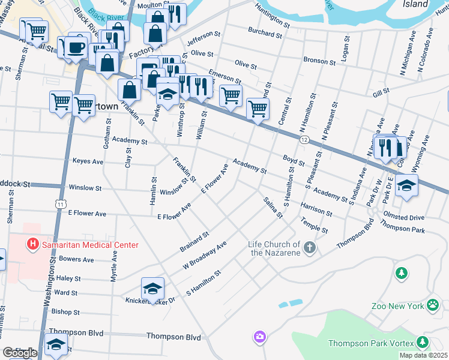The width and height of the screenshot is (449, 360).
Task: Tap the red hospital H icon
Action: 32,245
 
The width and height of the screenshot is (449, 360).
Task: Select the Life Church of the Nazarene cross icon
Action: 309,248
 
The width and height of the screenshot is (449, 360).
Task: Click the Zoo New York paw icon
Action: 432,306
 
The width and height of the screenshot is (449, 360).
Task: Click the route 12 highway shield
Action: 305,140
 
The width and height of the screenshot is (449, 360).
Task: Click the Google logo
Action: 20,352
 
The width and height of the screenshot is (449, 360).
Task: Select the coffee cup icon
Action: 75,48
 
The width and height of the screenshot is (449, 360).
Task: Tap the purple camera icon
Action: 259,337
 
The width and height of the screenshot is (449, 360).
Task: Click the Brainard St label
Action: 194,241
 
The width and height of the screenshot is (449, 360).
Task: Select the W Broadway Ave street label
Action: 205,256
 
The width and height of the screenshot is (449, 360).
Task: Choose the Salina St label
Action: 272,208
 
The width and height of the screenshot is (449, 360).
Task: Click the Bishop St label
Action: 65,312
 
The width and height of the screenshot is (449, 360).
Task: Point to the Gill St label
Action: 381,91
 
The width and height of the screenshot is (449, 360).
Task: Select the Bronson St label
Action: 319,61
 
